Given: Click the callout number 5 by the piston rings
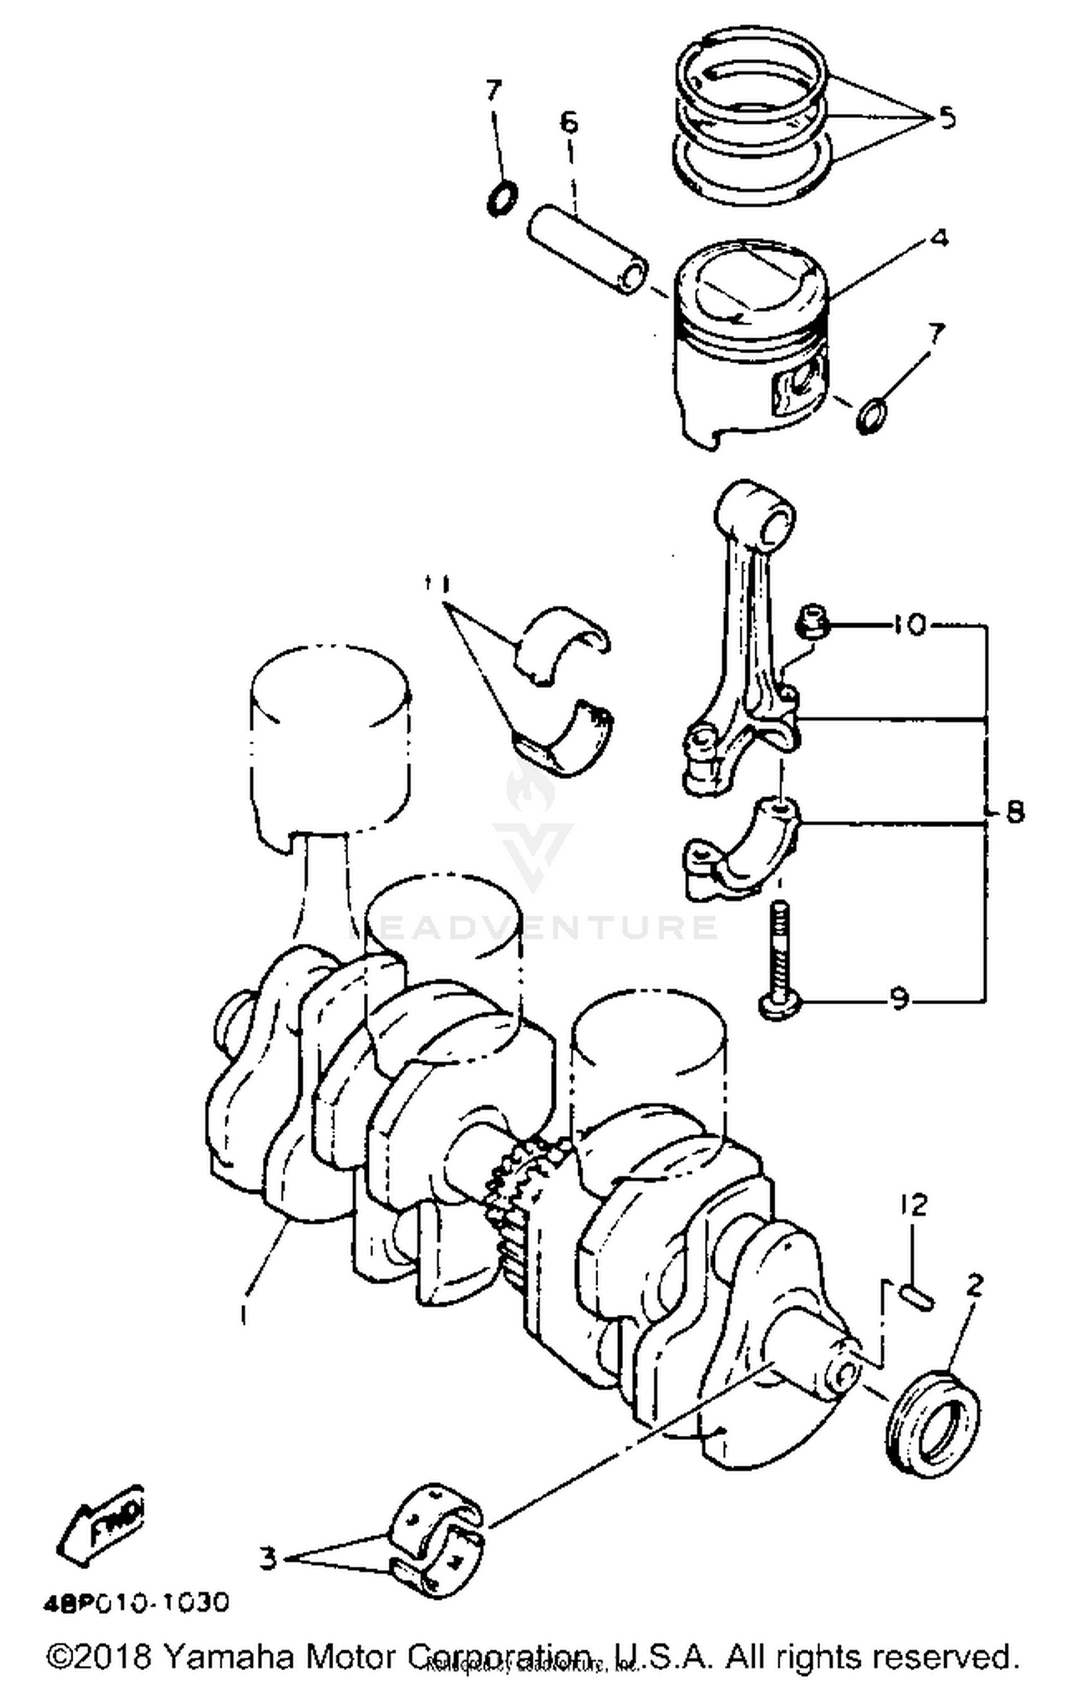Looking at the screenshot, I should pos(946,116).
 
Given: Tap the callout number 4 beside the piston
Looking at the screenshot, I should pos(939,238).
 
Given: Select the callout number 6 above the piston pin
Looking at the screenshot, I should pos(569,123).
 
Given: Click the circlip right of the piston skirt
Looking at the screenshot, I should pos(871,417).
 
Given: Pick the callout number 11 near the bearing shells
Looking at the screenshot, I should pos(436,583).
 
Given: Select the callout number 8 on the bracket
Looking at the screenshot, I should pos(1014,811).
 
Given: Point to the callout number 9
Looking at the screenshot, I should pos(900,1001).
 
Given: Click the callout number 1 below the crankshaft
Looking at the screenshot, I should pos(244,1313).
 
